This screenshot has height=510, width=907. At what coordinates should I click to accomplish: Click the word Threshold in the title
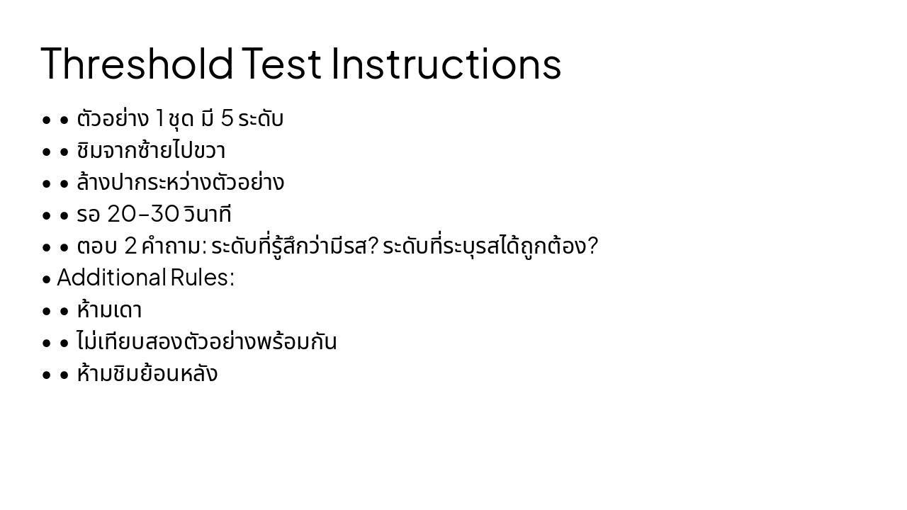(x=137, y=63)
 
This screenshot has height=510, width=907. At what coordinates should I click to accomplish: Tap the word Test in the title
(x=281, y=63)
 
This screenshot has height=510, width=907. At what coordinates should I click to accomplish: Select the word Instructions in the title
(x=446, y=63)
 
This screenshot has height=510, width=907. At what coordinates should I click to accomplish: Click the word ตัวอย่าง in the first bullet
(x=113, y=119)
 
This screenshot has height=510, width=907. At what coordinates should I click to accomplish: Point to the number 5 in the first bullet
(x=227, y=119)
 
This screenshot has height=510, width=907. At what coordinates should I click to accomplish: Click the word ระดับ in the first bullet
(x=261, y=119)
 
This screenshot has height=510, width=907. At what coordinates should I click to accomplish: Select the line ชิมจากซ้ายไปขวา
(x=151, y=151)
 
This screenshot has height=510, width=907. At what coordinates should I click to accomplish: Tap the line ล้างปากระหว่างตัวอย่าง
(x=180, y=183)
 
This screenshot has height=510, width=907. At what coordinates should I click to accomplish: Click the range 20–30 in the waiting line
(x=142, y=215)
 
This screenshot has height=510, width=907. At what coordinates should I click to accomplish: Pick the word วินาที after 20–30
(x=207, y=215)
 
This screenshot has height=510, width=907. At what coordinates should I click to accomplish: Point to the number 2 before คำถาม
(x=130, y=246)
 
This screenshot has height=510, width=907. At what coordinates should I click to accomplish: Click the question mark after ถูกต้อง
(x=593, y=246)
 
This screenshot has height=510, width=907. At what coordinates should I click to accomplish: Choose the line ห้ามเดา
(x=109, y=310)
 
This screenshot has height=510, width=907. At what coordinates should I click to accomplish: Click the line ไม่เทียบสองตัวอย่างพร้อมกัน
(x=206, y=342)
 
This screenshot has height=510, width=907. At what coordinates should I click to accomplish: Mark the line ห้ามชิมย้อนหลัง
(x=147, y=374)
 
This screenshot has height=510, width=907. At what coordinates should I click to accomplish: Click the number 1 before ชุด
(x=159, y=119)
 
